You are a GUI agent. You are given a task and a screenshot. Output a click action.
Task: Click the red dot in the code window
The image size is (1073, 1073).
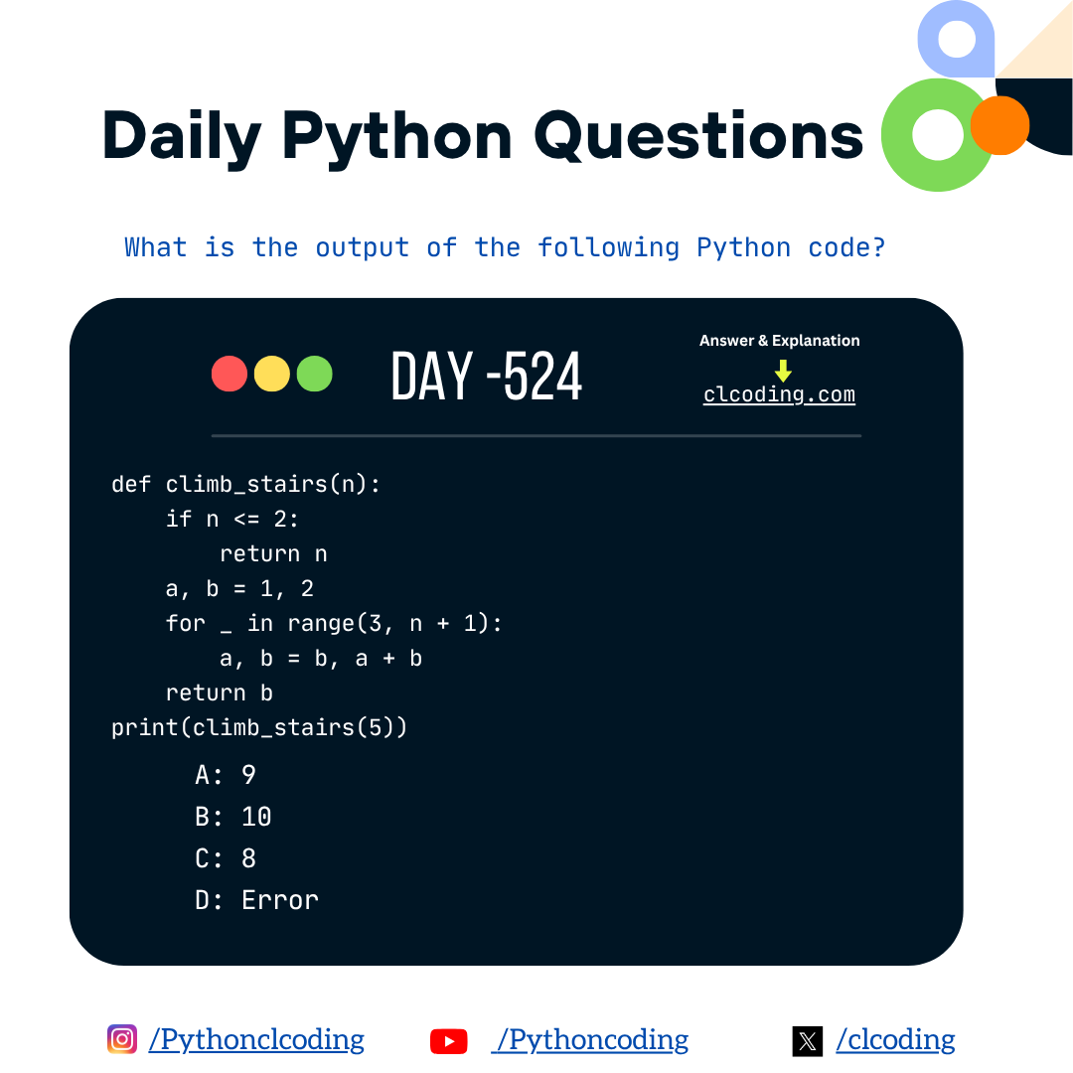230,374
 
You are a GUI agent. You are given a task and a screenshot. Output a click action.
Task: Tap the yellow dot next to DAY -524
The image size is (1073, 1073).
272,374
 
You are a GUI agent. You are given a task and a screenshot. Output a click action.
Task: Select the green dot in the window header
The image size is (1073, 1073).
315,374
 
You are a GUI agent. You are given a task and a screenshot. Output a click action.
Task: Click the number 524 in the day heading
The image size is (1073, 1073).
543,377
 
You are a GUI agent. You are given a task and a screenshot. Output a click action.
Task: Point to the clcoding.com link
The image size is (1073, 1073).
779,394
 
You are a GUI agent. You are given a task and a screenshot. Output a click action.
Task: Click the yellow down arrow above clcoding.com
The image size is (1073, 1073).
783,371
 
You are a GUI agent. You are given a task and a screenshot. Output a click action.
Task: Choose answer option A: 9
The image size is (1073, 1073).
227,774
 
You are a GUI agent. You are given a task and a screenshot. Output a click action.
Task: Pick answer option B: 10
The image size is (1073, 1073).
233,817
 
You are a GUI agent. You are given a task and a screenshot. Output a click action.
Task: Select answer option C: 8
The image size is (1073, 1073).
227,858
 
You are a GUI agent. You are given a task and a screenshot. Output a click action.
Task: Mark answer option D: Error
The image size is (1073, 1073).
257,900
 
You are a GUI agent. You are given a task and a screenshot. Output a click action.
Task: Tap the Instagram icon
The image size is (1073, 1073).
122,1039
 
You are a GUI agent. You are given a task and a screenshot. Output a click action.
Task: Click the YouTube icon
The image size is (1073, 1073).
449,1040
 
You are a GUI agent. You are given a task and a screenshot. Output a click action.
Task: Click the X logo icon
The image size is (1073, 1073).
808,1040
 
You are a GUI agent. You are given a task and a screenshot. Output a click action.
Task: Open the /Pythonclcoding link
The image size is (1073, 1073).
256,1040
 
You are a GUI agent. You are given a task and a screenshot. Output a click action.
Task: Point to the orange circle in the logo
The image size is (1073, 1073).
999,125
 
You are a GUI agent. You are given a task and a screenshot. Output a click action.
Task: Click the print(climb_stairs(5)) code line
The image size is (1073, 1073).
259,727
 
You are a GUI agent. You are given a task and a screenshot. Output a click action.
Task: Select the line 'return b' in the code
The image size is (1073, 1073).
220,692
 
